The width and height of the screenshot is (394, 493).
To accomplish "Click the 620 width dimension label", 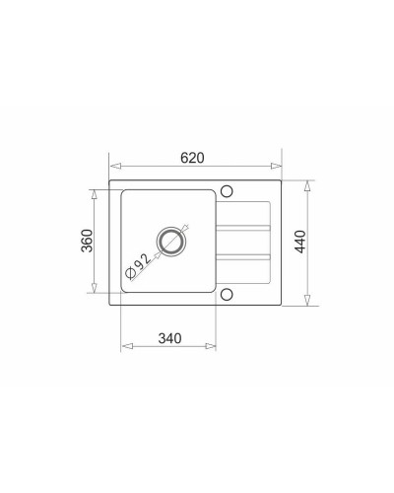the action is coord(192,158).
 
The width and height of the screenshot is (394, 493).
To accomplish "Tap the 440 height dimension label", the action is coord(300,242).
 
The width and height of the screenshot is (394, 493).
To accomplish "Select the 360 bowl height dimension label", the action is coord(88,241).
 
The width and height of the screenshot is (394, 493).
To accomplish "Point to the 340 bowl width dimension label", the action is coord(169,338).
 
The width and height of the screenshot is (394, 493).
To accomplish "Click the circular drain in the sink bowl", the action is coord(170,241).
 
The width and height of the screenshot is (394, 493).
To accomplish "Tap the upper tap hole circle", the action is coord(227,191).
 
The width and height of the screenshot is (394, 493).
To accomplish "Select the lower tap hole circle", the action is coord(227,294).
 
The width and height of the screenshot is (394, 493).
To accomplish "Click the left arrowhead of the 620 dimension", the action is coord(116,166).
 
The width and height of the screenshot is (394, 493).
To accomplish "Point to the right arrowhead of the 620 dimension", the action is coord(276,166).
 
